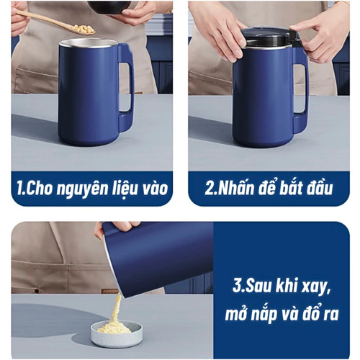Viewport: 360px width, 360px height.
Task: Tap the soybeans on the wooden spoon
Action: (84, 29)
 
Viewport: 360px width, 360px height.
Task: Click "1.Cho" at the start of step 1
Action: (35, 189)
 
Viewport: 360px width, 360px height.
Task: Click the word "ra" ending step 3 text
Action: (331, 315)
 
